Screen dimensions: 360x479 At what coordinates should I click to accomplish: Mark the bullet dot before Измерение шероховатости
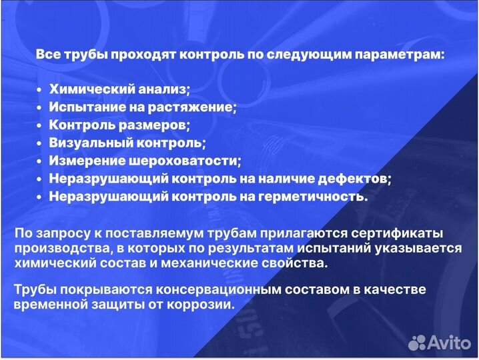[x=40, y=161]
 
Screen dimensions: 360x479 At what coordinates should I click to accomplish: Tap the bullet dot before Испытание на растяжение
[x=40, y=107]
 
